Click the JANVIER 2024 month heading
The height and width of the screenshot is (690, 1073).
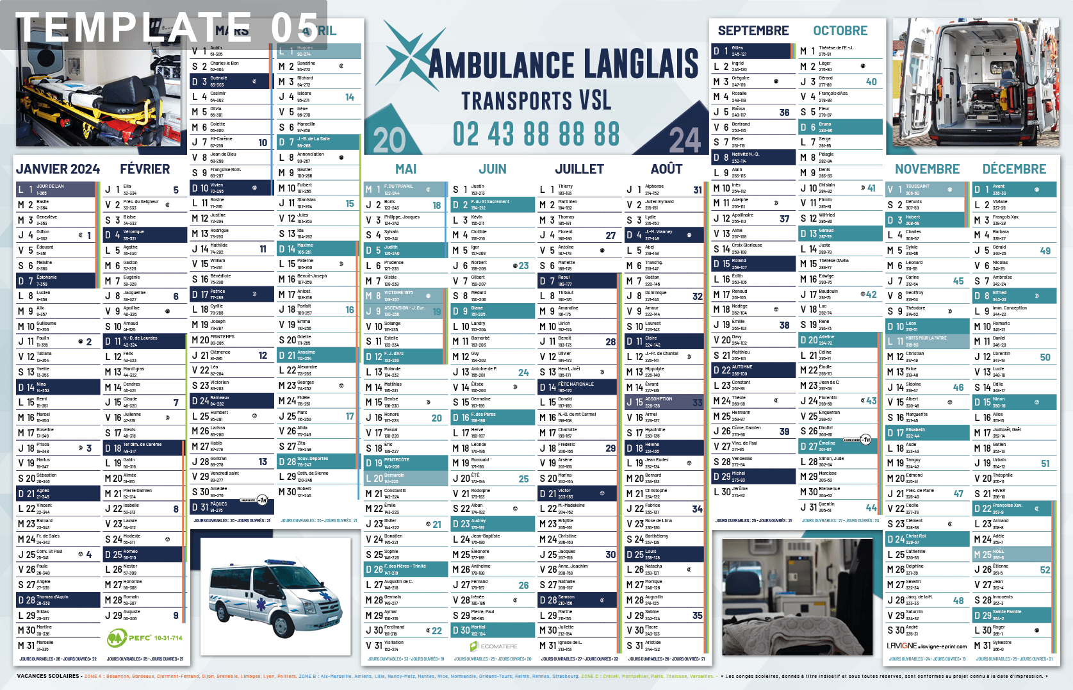[x=58, y=169]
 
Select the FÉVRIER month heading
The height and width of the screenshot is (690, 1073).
[x=145, y=169]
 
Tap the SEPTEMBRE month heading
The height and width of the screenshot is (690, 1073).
[x=753, y=31]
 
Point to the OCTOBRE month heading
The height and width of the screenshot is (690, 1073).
[x=840, y=31]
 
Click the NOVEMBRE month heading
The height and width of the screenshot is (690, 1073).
[x=927, y=169]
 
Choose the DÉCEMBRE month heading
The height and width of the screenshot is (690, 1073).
[x=1014, y=169]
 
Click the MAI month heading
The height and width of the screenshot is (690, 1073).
[x=405, y=169]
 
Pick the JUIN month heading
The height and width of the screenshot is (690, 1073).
[x=493, y=169]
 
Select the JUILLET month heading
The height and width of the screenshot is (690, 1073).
[x=579, y=169]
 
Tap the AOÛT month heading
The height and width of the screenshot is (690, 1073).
[x=666, y=169]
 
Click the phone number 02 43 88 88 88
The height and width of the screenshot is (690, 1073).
[x=536, y=135]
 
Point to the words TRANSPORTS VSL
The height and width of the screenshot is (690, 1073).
[x=536, y=101]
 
